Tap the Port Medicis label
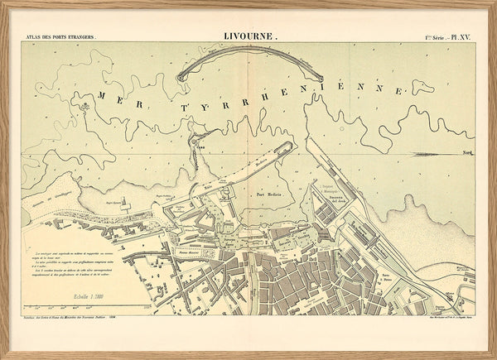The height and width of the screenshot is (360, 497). [x=269, y=193]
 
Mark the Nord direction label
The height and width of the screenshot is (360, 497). [x=467, y=153]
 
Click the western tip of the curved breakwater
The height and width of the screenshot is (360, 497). [x=181, y=79]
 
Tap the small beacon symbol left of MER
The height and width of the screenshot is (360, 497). [x=84, y=107]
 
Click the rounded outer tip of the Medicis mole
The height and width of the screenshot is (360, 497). [x=292, y=145]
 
